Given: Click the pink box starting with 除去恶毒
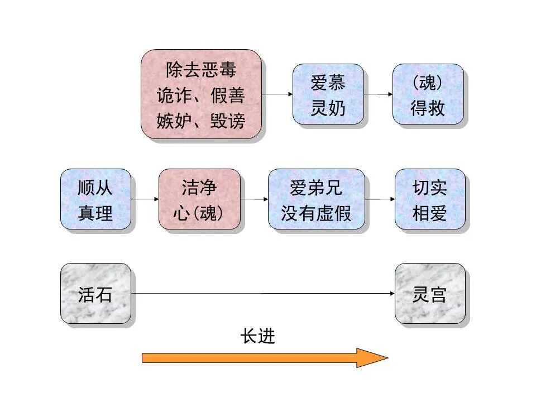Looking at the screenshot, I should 201,94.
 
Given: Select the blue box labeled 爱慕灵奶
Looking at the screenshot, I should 328,94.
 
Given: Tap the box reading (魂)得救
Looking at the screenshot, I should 428,94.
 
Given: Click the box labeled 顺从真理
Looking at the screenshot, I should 95,199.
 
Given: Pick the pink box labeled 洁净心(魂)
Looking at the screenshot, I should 199,199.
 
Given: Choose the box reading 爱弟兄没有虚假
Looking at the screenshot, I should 316,199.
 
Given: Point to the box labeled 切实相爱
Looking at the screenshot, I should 429,199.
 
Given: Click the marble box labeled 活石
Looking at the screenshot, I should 95,294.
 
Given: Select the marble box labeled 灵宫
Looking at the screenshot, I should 429,294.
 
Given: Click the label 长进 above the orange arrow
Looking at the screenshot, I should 258,336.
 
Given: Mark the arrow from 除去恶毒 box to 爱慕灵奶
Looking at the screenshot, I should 277,94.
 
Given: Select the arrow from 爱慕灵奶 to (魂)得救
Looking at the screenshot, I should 378,94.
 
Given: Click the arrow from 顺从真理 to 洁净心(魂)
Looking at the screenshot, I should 145,199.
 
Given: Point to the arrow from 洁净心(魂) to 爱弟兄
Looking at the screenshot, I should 254,199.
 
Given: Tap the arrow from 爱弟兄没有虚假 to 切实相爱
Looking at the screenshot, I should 380,199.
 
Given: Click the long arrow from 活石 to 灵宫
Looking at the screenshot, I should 262,294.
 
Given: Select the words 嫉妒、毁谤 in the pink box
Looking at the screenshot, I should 201,120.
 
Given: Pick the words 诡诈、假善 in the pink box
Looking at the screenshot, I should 201,95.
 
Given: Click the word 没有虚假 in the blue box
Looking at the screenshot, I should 316,213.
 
